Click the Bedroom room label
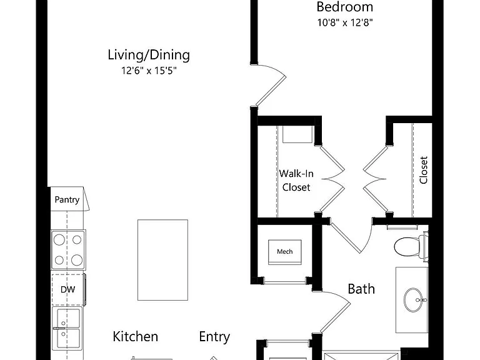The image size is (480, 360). click(345, 7)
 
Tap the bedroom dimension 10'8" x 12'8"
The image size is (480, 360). click(345, 22)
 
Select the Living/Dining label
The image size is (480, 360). click(149, 55)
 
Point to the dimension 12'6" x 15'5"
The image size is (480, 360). click(149, 71)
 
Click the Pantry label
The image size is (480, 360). click(67, 199)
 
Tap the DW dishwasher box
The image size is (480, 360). click(67, 289)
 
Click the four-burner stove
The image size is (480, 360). click(68, 250)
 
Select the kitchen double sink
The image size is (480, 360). click(67, 329)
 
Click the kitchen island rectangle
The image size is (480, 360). click(163, 260)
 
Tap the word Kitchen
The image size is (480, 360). click(135, 336)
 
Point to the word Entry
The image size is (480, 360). click(214, 337)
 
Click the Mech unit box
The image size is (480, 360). click(285, 252)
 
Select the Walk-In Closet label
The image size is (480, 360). click(296, 180)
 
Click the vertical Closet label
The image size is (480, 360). click(423, 170)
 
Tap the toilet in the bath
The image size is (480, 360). click(411, 247)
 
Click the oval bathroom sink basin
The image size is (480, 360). click(413, 300)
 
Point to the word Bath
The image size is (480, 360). click(361, 289)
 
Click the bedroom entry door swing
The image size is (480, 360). click(269, 84)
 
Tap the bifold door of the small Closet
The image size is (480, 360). click(375, 179)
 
